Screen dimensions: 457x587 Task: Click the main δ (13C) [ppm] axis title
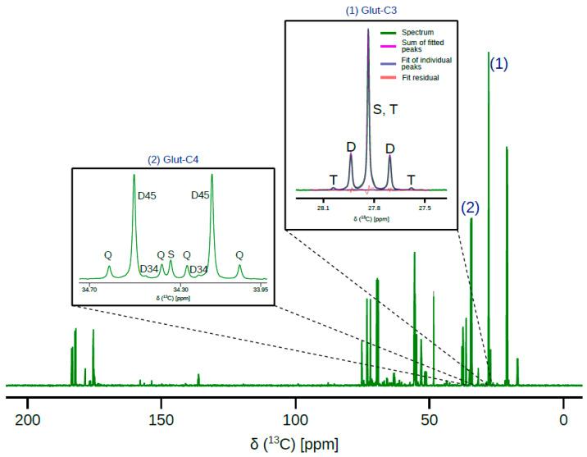pos(293,445)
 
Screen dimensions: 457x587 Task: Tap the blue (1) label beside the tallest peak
pos(499,64)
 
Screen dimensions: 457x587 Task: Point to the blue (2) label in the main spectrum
pos(470,208)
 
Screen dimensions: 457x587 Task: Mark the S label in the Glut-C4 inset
pos(171,254)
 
